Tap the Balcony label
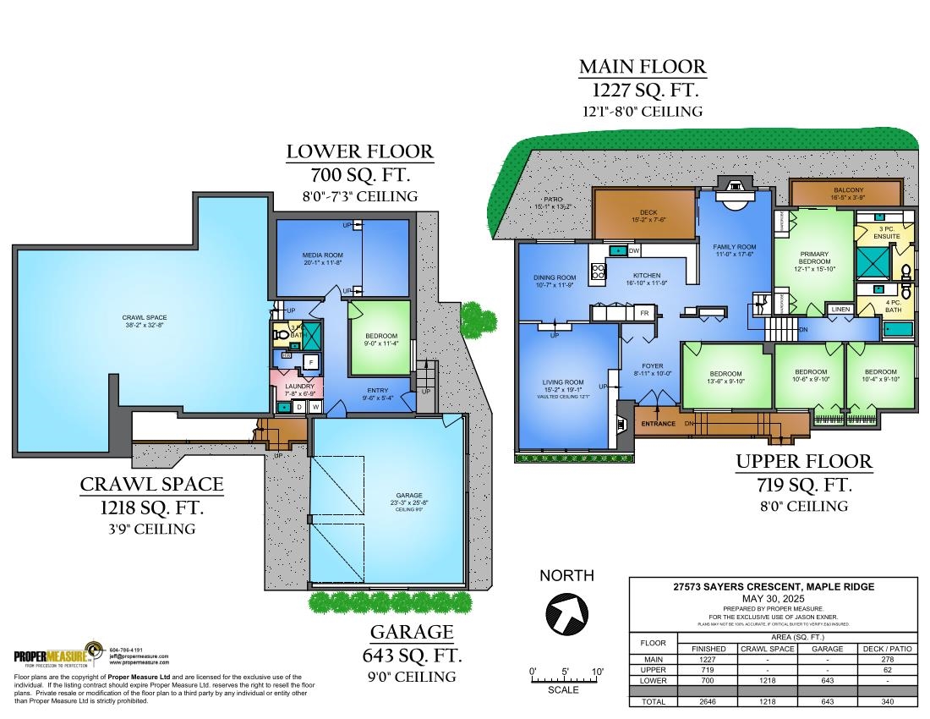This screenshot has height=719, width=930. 848,191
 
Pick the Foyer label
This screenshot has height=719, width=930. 652,368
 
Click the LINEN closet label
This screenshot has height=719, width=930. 840,310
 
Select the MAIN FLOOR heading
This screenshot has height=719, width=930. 643,68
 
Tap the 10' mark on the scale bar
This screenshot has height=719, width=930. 598,672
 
